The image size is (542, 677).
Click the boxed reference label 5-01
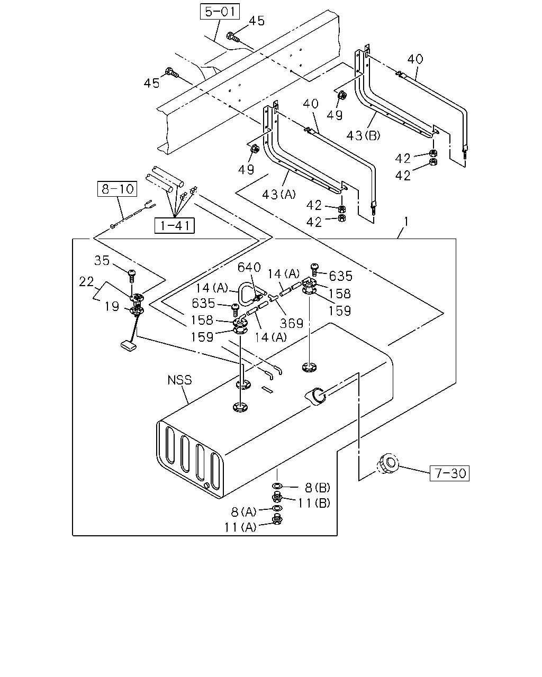(220, 12)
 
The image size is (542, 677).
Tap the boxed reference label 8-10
(117, 189)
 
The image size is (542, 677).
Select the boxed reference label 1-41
(175, 225)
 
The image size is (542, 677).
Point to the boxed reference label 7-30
(449, 473)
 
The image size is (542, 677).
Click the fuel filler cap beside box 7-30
(387, 463)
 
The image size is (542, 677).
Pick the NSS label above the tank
(179, 380)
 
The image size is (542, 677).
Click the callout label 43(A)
(279, 195)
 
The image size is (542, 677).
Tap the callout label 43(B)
(363, 135)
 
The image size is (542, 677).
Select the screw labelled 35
(132, 276)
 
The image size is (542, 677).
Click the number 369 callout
(292, 323)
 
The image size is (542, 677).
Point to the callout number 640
(249, 268)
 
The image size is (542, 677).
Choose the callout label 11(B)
(314, 503)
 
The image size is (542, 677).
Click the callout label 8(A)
(244, 512)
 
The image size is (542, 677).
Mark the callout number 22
(86, 281)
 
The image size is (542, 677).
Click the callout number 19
(112, 306)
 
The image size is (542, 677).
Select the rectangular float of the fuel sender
(129, 346)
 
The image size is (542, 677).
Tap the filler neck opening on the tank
(316, 396)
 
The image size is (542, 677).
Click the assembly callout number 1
(406, 222)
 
